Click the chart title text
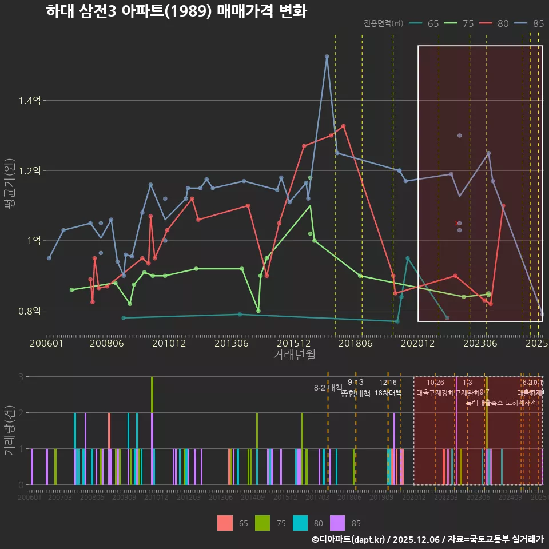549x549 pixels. (176, 11)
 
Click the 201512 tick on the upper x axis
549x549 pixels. (291, 344)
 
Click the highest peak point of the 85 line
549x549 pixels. (327, 57)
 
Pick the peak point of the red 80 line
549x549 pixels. (344, 126)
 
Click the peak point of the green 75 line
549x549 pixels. (310, 178)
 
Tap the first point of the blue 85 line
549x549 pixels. (49, 258)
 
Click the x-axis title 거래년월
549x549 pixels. (294, 355)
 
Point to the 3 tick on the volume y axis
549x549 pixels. (21, 377)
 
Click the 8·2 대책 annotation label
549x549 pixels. (328, 388)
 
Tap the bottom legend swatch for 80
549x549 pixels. (301, 523)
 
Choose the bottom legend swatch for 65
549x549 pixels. (225, 523)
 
